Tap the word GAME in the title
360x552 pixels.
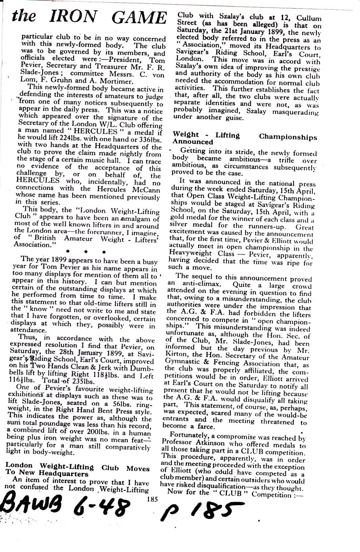point(140,17)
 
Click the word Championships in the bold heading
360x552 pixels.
point(288,137)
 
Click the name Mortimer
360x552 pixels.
point(115,81)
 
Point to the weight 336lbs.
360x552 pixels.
point(149,138)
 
